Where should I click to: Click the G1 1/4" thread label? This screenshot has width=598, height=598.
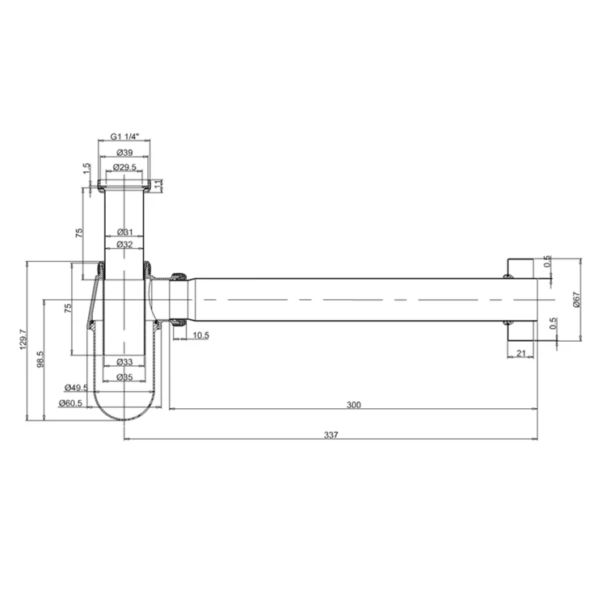(125, 136)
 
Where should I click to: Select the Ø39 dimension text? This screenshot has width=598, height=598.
(124, 153)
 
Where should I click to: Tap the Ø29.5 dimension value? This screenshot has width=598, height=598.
(124, 167)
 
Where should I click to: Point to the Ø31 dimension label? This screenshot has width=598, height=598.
(124, 232)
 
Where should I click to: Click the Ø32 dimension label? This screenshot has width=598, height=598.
(124, 244)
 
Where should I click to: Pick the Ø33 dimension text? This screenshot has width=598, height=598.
(124, 361)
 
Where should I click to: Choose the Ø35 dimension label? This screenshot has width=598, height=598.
(124, 377)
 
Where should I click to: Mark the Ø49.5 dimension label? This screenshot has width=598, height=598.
(76, 387)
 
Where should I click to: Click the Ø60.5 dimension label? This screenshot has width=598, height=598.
(70, 402)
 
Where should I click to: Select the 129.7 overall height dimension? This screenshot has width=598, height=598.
(23, 339)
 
